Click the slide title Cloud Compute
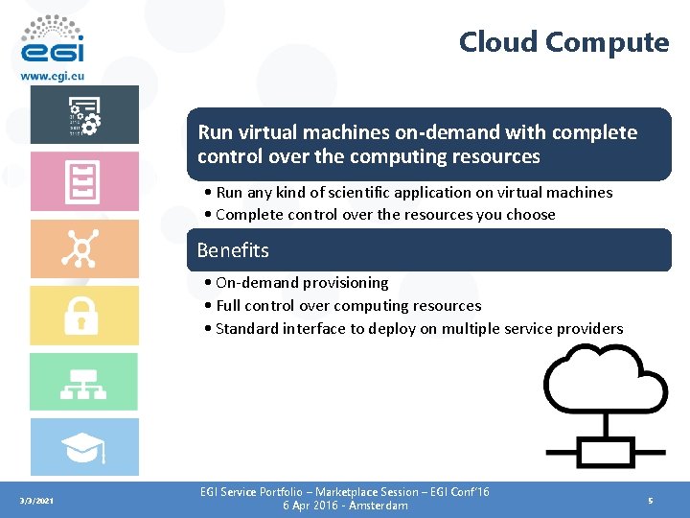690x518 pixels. click(563, 42)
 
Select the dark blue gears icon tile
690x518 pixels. click(83, 115)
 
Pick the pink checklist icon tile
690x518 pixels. click(83, 181)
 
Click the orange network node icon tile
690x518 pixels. click(83, 248)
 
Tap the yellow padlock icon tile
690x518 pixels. click(83, 316)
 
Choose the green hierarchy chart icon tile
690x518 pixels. click(83, 382)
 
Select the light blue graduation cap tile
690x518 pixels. click(83, 447)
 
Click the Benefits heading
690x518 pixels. click(233, 250)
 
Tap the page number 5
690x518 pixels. click(650, 500)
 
